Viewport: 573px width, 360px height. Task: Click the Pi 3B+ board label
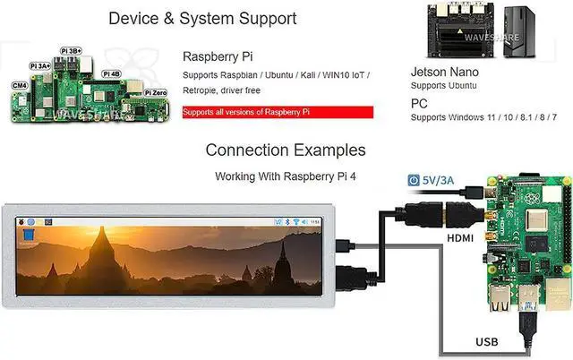(71, 51)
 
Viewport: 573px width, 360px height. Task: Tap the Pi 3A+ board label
(40, 65)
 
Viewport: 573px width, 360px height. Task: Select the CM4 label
(20, 86)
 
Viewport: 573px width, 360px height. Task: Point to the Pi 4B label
(111, 73)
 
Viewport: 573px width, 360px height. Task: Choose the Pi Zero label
(156, 93)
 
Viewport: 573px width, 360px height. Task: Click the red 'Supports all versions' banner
(278, 112)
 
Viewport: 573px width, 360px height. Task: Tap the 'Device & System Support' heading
(202, 18)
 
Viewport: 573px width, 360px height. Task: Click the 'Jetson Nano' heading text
(444, 72)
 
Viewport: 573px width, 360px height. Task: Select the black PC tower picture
(519, 32)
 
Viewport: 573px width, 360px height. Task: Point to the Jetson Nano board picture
(462, 31)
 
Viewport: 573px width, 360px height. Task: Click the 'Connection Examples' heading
(286, 150)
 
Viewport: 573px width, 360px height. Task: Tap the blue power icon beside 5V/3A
(414, 180)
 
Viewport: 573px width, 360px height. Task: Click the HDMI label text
(460, 238)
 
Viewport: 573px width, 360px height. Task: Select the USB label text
(487, 342)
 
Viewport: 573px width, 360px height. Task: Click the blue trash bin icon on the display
(29, 235)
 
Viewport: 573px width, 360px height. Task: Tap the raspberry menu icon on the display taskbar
(21, 222)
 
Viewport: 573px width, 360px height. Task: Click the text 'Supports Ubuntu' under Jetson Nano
(444, 86)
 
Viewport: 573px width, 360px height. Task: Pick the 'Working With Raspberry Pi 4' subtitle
(286, 176)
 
